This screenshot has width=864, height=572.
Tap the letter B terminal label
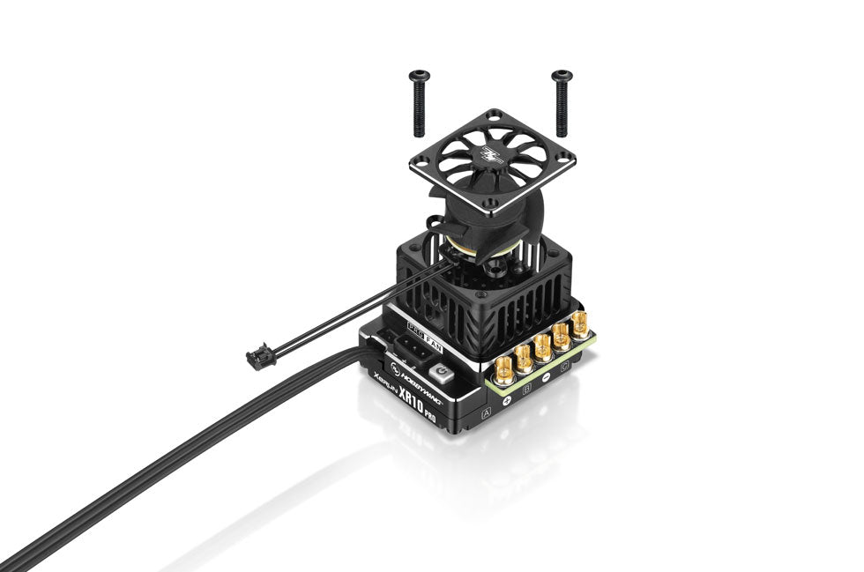[527, 384]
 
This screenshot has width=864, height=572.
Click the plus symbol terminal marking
[507, 398]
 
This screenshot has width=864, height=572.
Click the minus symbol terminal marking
[546, 375]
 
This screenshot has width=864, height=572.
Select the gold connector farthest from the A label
[582, 324]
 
